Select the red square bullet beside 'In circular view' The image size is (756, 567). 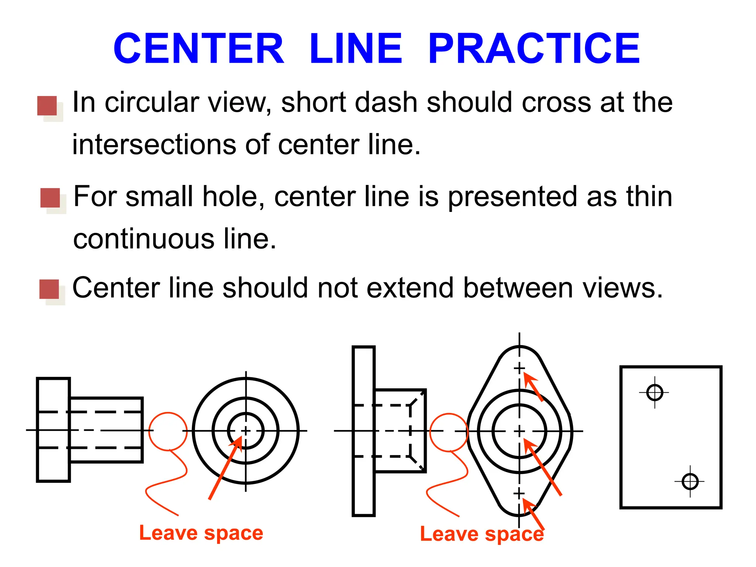(47, 106)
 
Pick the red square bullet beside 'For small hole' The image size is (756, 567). (50, 198)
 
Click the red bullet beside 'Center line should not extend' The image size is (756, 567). (49, 289)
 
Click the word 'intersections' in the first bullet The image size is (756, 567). (154, 144)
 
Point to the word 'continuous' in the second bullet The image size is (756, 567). (144, 239)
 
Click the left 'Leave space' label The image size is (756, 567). (201, 533)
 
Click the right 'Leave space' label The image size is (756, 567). (482, 534)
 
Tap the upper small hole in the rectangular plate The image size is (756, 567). (655, 392)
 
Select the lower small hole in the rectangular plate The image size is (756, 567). (690, 481)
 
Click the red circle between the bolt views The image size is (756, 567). (168, 431)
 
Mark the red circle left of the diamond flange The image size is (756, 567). (449, 432)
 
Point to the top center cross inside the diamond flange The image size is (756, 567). (519, 368)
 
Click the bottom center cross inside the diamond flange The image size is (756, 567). (519, 494)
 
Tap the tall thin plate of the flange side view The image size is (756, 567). (364, 431)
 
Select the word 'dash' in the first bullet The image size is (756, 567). (385, 102)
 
